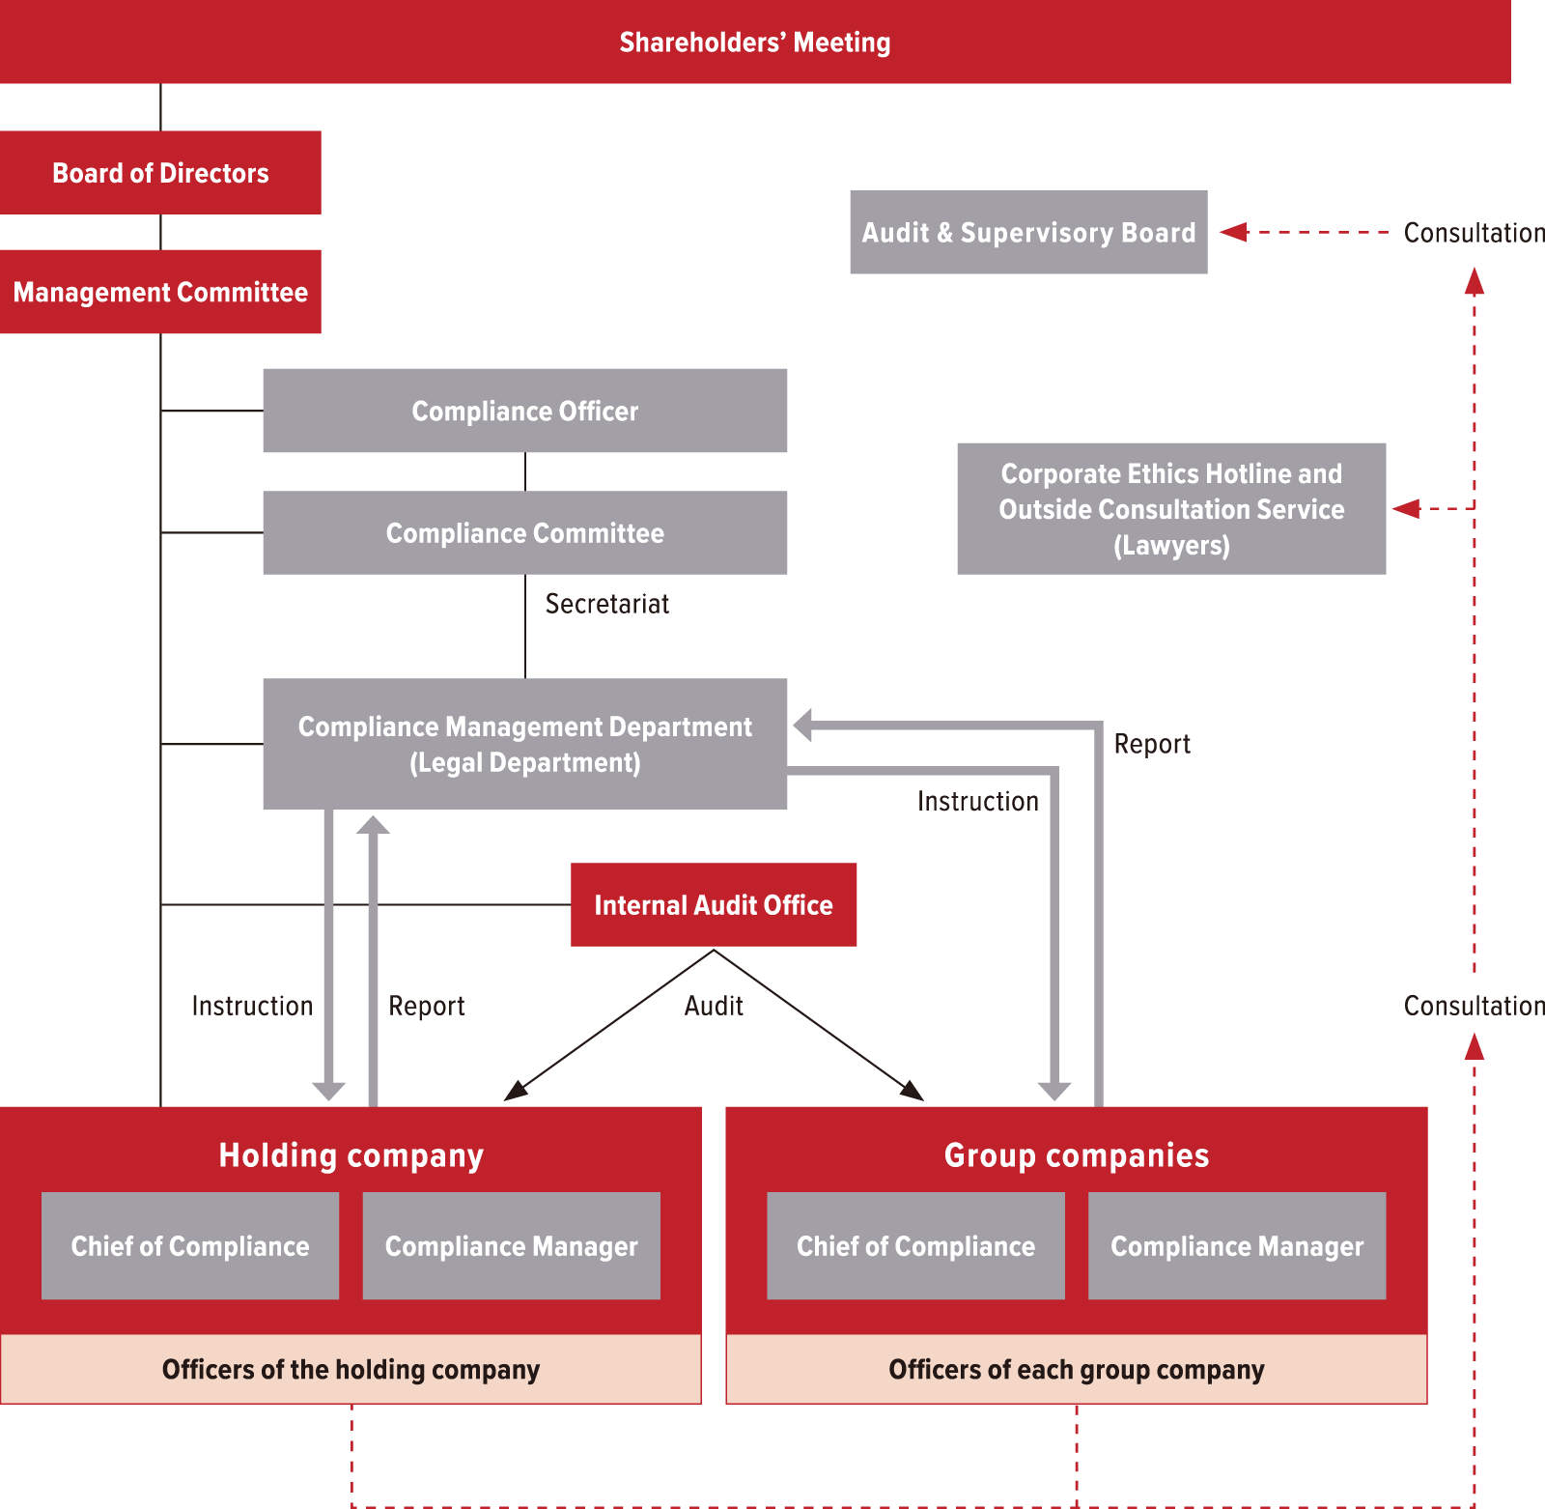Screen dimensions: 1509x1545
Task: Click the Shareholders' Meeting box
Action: (754, 42)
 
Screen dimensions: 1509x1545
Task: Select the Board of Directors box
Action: (160, 173)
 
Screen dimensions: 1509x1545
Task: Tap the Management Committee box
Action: (160, 292)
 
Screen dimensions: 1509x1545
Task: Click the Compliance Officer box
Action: (524, 411)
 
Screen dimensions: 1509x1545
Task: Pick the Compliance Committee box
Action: (524, 532)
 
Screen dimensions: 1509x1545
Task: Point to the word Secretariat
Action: (606, 604)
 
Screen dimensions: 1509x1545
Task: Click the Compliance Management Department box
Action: (524, 744)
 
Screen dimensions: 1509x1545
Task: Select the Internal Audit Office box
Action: (714, 905)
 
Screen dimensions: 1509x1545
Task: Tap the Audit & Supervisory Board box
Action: (1028, 233)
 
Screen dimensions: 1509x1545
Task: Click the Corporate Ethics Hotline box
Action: (1171, 509)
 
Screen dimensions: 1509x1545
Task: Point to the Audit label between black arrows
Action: (714, 1006)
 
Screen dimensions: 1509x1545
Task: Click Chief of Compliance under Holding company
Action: (190, 1246)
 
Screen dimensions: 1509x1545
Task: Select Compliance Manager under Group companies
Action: (1237, 1246)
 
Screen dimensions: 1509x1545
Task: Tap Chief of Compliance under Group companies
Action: (915, 1246)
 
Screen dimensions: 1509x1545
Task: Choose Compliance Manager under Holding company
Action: (511, 1246)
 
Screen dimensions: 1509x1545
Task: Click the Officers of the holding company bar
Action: (351, 1370)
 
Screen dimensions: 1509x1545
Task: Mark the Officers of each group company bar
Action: (1076, 1370)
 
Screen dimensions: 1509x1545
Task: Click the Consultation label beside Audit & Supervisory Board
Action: (1474, 233)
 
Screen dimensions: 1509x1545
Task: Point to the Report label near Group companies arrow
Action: (1151, 744)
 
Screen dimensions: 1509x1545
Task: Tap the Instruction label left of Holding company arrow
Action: (252, 1006)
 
